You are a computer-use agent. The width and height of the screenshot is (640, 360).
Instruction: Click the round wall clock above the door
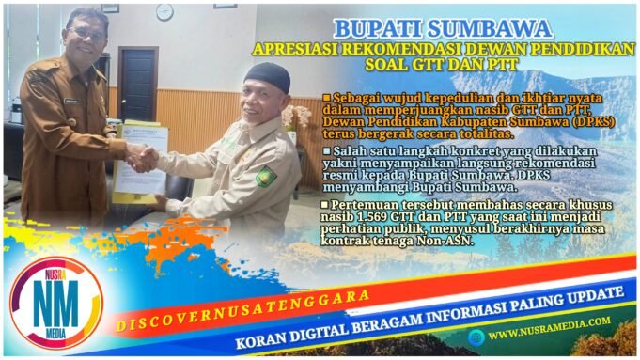[x=165, y=12]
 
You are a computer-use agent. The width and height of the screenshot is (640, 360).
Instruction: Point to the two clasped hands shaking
[x=142, y=156]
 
